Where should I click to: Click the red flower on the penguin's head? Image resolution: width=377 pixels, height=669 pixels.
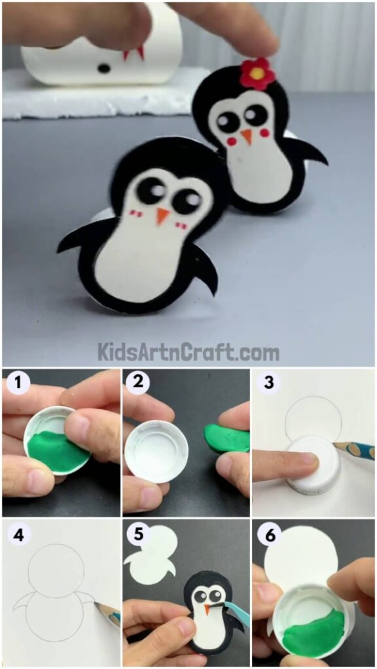pyautogui.click(x=257, y=73)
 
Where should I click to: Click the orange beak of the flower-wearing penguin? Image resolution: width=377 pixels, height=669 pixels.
pyautogui.click(x=246, y=136)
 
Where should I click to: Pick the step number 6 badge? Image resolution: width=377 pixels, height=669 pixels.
pyautogui.click(x=268, y=533)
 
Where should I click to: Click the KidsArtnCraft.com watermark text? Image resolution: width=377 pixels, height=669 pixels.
pyautogui.click(x=188, y=353)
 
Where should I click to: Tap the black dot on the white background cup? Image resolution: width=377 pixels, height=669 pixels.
pyautogui.click(x=103, y=67)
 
